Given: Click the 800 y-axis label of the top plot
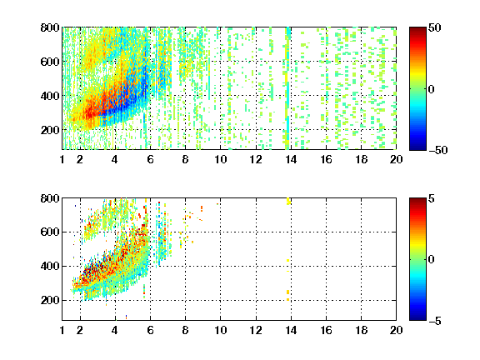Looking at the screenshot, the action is (50, 27).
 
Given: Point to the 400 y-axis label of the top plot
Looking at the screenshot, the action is (50, 96).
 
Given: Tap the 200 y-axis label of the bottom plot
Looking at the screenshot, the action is (50, 300).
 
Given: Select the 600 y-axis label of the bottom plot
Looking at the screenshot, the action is (50, 232).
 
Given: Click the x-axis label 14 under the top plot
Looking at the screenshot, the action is (291, 159).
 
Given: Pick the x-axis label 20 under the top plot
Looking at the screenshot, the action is (396, 159).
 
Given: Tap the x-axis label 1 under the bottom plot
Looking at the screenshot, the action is (62, 330).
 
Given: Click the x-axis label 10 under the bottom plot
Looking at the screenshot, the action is (220, 330).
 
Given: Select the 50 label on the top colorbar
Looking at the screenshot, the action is (434, 27).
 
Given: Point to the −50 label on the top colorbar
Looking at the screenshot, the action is (437, 150).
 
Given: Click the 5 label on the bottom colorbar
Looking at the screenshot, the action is (432, 198).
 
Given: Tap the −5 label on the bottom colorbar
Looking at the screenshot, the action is (435, 321).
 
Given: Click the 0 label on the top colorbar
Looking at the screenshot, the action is (432, 89).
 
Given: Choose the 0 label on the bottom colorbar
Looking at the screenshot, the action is (432, 260).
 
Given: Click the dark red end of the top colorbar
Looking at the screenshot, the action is (417, 29).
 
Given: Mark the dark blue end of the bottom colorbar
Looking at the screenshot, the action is (417, 318).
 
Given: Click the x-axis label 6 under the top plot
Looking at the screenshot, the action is (150, 159).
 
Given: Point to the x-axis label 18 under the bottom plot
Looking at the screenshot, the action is (361, 330).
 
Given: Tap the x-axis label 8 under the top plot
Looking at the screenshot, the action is (185, 159).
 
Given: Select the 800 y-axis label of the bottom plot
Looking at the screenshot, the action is (50, 198).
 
